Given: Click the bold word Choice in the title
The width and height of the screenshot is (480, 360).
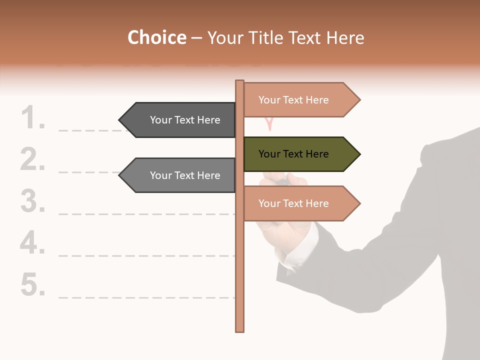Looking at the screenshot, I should pos(156,37).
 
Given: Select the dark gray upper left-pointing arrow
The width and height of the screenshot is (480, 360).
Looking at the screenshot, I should pos(180,120).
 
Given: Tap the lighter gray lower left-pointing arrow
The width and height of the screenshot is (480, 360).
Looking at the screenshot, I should pos(180,175).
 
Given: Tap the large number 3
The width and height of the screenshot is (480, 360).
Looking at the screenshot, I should pos(33,202).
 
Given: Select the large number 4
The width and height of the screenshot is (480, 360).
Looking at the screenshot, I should pos(33,243).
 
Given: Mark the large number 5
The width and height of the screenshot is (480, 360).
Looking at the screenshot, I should pos(33,285).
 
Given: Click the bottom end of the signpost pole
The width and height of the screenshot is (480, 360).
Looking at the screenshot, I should pos(240,328).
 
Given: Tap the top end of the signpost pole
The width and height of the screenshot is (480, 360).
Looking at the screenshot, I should pos(240,83).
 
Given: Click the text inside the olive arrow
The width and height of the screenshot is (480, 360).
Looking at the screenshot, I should pos(293,154).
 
